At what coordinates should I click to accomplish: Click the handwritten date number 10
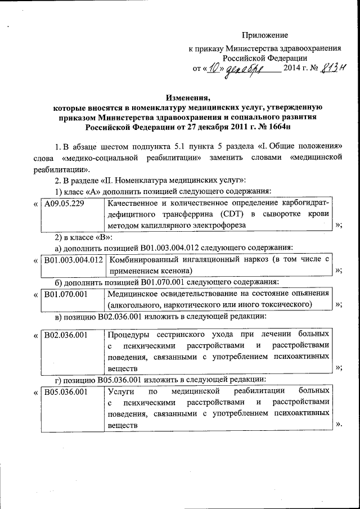(x=213, y=69)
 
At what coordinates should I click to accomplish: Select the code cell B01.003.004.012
(x=73, y=259)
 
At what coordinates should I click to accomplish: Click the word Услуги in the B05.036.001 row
(x=120, y=391)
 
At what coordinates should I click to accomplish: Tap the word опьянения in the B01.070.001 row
(x=307, y=294)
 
